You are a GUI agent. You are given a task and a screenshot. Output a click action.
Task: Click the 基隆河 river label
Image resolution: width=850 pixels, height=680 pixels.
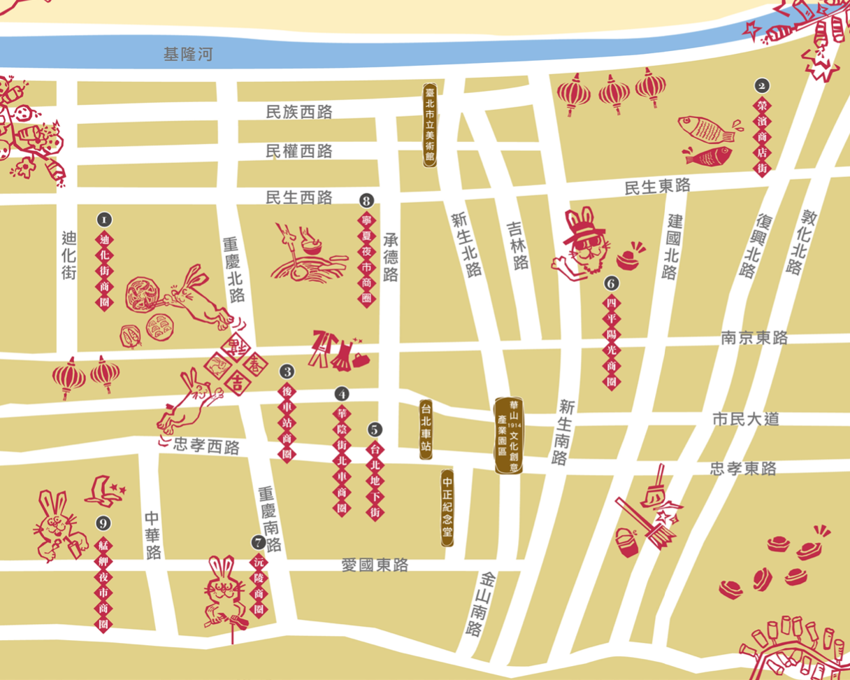(x=187, y=55)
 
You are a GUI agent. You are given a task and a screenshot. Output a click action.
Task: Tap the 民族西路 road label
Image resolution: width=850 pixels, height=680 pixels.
(x=299, y=112)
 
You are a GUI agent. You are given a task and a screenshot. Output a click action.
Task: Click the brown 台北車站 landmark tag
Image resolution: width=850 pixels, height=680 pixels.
(x=426, y=430)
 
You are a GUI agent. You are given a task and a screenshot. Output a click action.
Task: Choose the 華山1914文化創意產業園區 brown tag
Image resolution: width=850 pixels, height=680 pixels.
(x=508, y=435)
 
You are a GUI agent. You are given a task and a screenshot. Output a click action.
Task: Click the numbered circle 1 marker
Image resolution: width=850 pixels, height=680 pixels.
(x=104, y=220)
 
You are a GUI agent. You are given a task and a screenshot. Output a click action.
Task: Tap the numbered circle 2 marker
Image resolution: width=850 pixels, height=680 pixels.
(x=762, y=86)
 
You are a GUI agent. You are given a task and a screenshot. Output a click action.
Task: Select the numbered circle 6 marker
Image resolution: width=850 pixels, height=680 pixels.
(x=612, y=283)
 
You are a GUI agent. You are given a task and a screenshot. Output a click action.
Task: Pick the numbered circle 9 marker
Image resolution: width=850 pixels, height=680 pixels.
(x=104, y=523)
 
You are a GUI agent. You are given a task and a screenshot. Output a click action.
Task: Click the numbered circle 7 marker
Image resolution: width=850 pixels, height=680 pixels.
(x=259, y=541)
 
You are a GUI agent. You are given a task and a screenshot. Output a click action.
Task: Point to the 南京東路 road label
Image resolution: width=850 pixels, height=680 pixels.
(x=754, y=338)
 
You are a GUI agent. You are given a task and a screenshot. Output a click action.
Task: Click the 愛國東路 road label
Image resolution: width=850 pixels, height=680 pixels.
(x=375, y=565)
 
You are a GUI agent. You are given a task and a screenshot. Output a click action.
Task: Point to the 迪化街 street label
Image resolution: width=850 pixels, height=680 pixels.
(x=68, y=256)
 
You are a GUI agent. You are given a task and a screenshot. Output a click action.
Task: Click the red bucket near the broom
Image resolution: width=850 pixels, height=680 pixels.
(x=627, y=543)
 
